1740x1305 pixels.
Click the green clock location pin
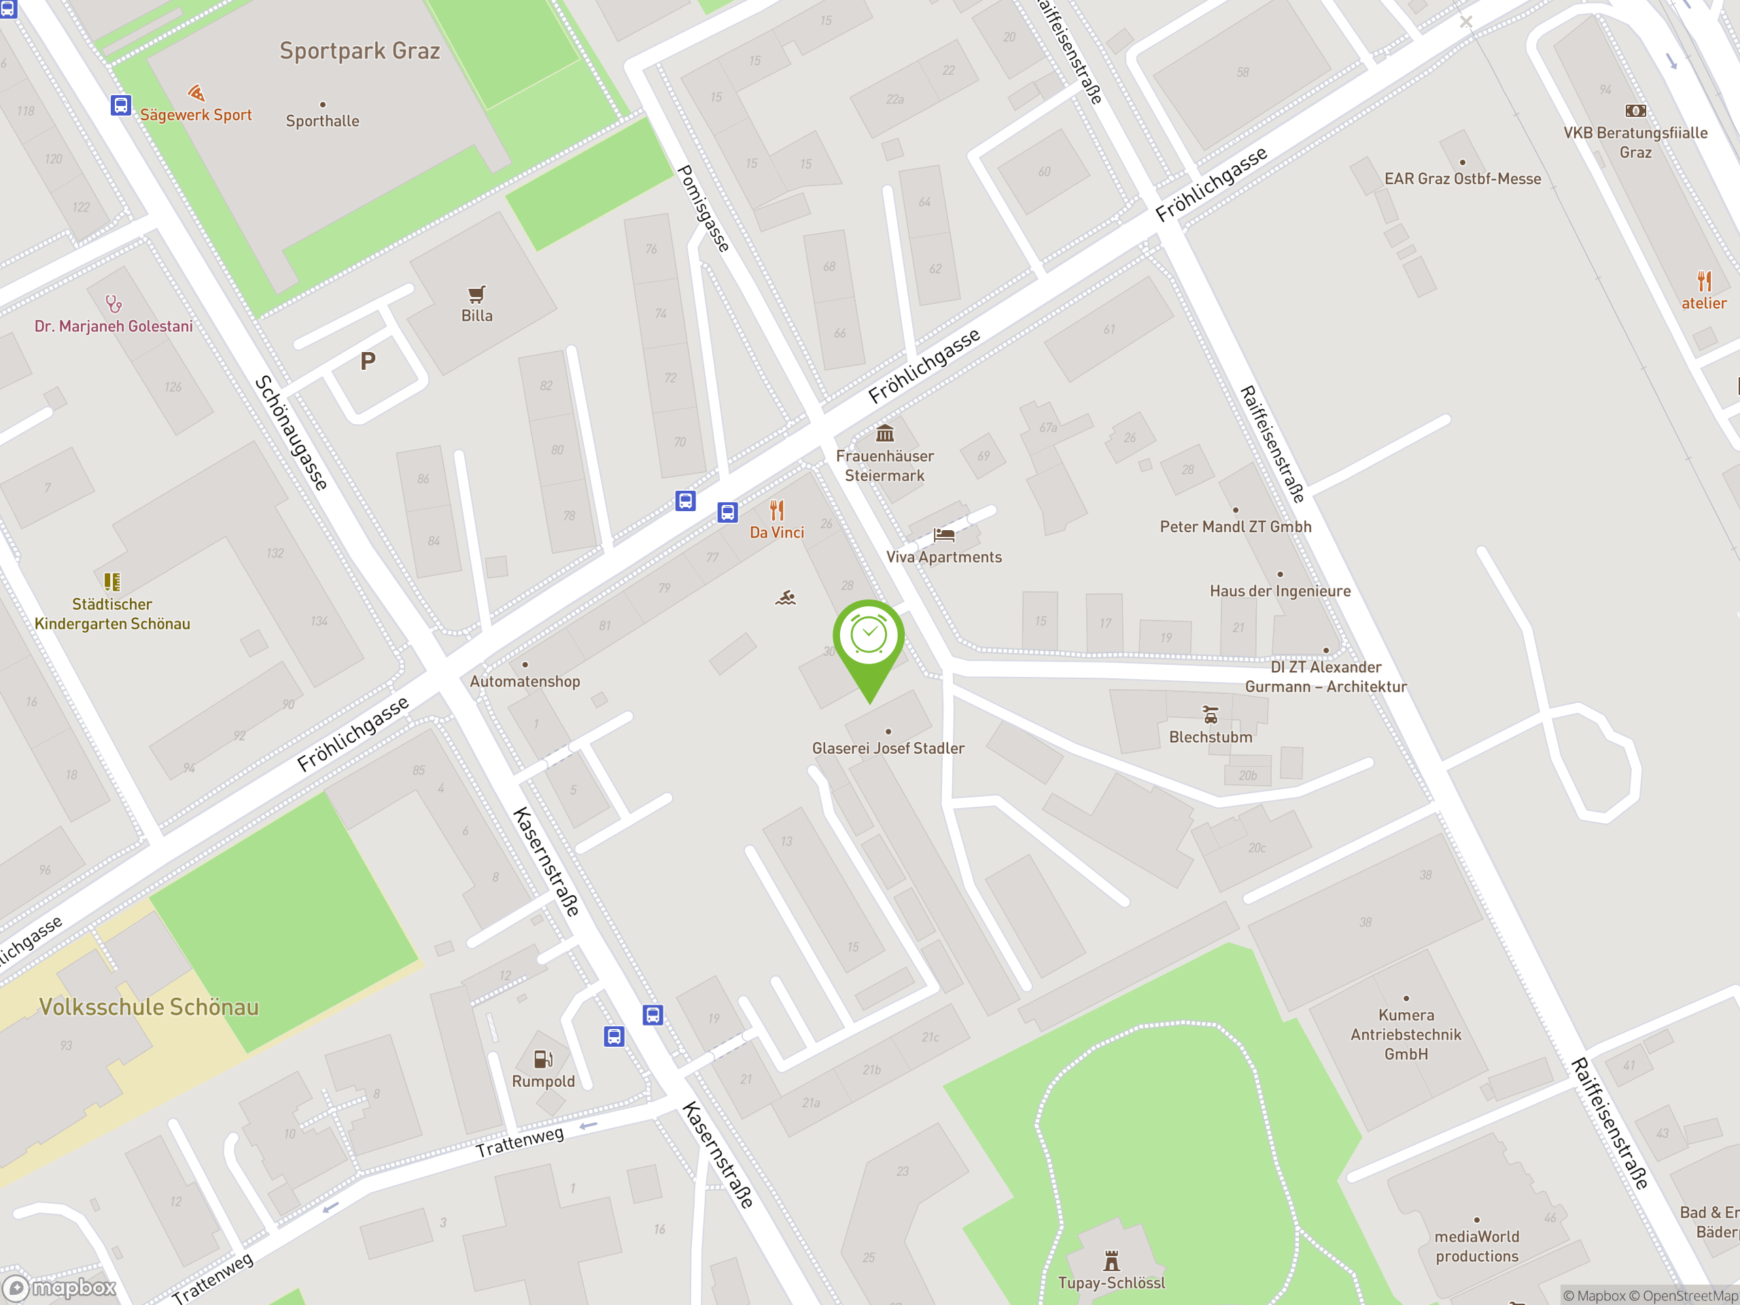[x=869, y=636]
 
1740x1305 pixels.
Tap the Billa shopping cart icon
[x=476, y=295]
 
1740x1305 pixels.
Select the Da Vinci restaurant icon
[x=777, y=510]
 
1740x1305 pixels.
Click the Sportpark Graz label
[x=360, y=51]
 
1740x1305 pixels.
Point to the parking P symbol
[x=367, y=362]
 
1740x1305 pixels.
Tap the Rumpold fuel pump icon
[x=543, y=1059]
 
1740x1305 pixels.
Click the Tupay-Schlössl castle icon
[x=1111, y=1261]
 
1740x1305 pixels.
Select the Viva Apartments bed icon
[x=944, y=536]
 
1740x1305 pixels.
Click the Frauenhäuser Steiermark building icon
[x=885, y=434]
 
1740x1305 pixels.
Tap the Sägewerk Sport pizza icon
[x=196, y=94]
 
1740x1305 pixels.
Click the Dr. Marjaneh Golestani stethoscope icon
[x=114, y=304]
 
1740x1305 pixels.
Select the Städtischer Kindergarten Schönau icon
[x=111, y=582]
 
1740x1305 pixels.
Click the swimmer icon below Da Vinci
[x=785, y=599]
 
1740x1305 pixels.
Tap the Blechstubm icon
[x=1211, y=715]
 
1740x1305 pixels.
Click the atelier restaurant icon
[x=1704, y=281]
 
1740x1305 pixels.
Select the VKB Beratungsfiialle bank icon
[x=1635, y=111]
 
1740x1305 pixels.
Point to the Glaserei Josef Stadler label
[x=888, y=748]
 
